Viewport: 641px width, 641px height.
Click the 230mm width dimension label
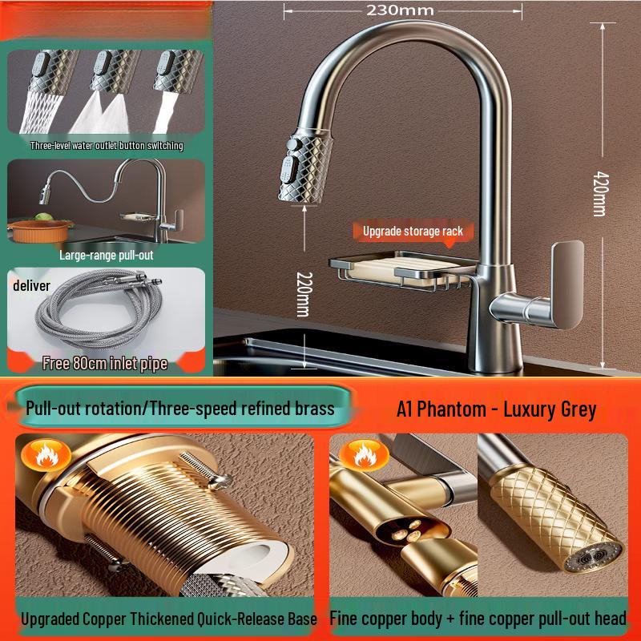[x=400, y=10]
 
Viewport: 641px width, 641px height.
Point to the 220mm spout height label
[x=302, y=292]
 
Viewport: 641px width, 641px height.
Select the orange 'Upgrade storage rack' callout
[x=413, y=231]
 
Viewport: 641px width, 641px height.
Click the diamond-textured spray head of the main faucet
[x=309, y=164]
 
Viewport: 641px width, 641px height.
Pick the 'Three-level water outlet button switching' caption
[x=107, y=146]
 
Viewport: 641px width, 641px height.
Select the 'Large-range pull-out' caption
[x=106, y=255]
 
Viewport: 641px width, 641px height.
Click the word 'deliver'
[x=31, y=286]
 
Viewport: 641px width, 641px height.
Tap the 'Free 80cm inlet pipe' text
[x=105, y=363]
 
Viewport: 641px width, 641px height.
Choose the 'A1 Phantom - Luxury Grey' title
[x=496, y=409]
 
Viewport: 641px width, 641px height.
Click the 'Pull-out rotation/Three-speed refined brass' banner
[x=179, y=408]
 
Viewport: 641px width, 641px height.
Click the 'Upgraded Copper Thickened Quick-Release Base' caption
[x=168, y=619]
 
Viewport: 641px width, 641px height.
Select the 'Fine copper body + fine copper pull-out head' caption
[x=478, y=619]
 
